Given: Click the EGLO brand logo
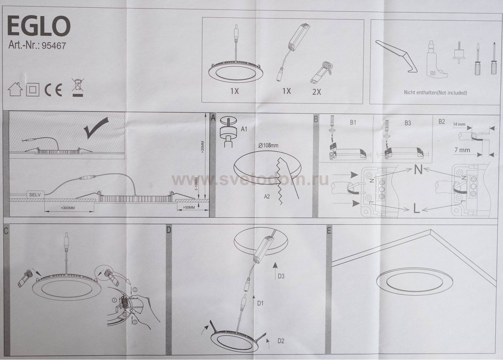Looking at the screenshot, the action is coord(39,26).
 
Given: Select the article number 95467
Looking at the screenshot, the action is coord(54,46).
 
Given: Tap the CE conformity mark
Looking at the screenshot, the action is coord(53,90).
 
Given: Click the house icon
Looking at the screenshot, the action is coord(15,89).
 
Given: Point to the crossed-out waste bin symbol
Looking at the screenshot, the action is coord(78,87).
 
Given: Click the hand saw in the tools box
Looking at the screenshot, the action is coord(396,56).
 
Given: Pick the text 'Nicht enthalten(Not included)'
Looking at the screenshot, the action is coord(435,93).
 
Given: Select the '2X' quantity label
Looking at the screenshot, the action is coord(317,92).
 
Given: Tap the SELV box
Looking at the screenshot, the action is coord(35,195).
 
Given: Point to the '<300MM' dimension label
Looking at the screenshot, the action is coord(68,208).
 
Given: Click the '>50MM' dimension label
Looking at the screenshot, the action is coord(188,207).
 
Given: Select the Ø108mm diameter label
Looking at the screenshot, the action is coord(268,145).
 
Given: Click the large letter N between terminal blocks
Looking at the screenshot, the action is coord(418,170).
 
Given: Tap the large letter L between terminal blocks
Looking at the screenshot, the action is coord(416,208).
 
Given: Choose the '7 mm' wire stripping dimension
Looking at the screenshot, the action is coord(462,150).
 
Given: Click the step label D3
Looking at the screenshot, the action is coord(281,276).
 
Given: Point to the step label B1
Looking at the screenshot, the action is coord(353,122).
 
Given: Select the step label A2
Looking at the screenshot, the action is coord(267,197).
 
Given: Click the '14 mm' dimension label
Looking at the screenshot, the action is coord(459,124).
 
